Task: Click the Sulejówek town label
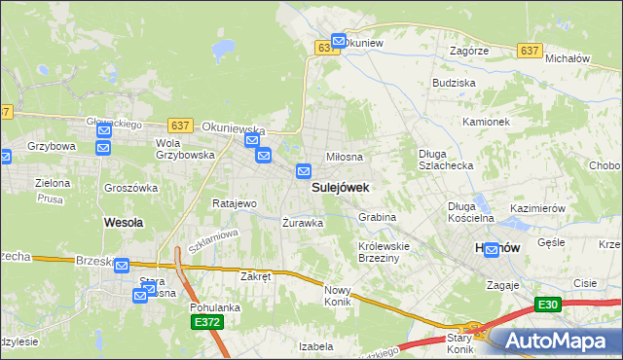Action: [339, 188]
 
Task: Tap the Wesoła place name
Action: [124, 222]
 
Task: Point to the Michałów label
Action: [568, 59]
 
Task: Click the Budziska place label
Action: [455, 84]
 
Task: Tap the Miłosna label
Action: [344, 157]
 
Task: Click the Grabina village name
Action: [377, 217]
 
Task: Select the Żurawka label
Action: [302, 222]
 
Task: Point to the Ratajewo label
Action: [234, 204]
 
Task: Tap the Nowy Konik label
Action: [337, 296]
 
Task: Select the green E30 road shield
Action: [547, 305]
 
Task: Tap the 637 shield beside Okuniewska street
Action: [179, 126]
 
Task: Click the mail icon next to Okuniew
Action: [338, 42]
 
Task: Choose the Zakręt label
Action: [255, 276]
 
